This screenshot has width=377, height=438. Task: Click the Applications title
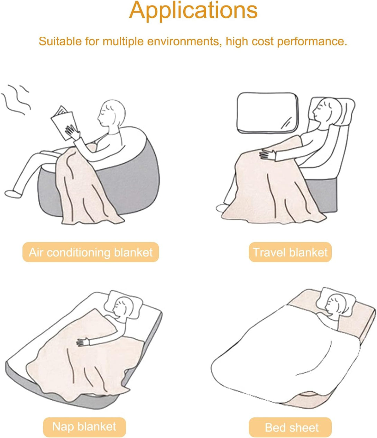tap(193, 11)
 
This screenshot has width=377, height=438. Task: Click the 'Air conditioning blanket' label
tap(91, 252)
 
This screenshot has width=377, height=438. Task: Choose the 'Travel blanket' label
tap(290, 252)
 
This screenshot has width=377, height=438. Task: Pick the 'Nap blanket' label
tap(84, 427)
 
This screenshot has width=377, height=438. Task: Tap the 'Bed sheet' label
tap(290, 427)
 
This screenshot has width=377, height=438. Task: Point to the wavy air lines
tap(16, 99)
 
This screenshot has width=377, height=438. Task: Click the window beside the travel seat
tap(267, 113)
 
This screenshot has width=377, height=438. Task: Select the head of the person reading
tap(112, 113)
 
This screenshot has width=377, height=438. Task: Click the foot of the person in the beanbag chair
tap(13, 194)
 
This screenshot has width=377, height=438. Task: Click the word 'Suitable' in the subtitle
tap(60, 41)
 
